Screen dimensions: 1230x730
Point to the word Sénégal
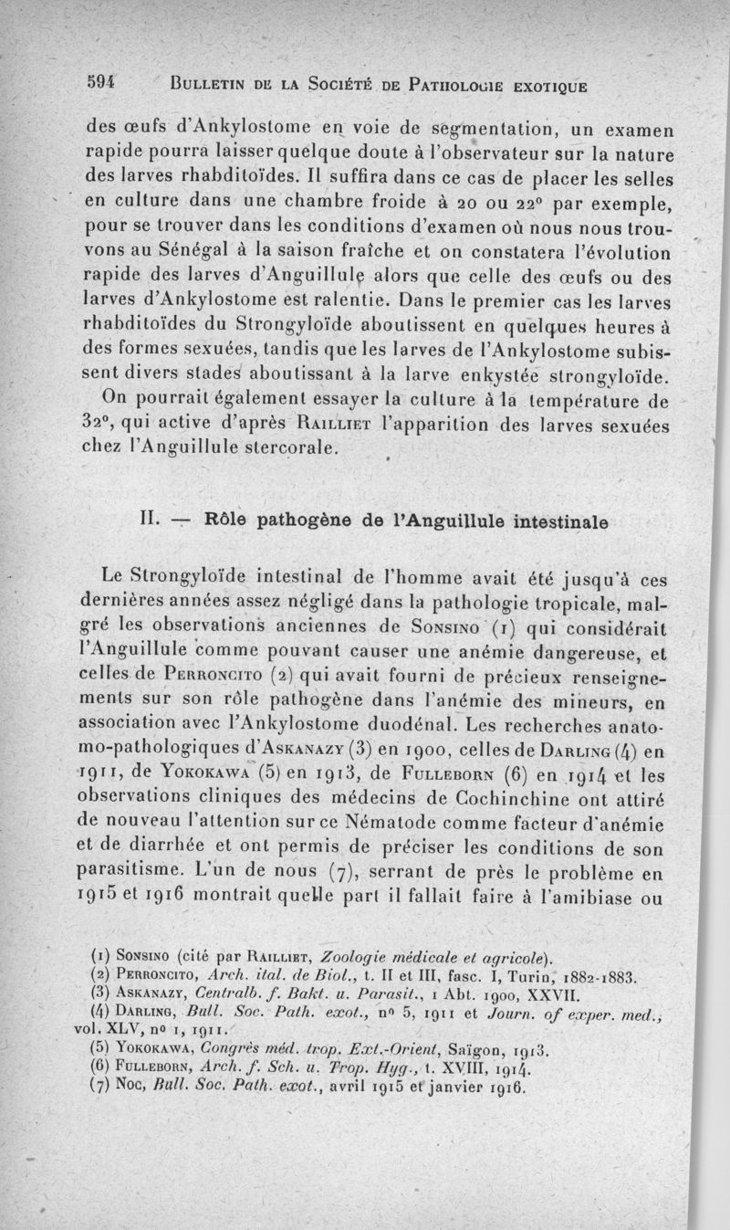(182, 249)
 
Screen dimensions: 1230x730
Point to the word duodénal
(407, 728)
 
